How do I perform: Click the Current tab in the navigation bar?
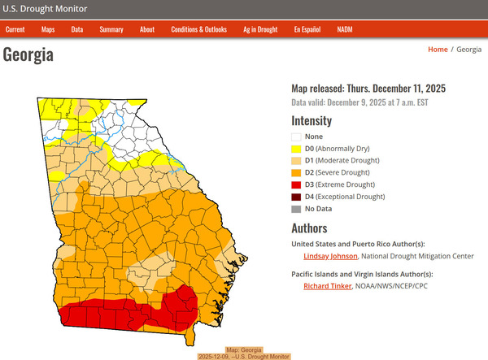[x=15, y=29]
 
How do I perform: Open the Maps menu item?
[x=48, y=29]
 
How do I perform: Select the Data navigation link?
[x=77, y=29]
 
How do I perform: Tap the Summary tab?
[x=111, y=29]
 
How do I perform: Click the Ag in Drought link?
[x=259, y=29]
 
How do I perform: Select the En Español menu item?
[x=308, y=29]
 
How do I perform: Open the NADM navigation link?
[x=344, y=29]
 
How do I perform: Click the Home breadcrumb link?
[x=438, y=50]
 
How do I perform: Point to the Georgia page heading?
[x=28, y=55]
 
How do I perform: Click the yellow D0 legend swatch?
[x=297, y=149]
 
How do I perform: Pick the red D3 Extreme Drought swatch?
[x=297, y=184]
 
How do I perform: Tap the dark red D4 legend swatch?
[x=297, y=197]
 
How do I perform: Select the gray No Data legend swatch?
[x=297, y=209]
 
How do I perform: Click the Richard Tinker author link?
[x=329, y=286]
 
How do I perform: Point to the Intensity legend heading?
[x=312, y=120]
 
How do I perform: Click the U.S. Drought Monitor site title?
[x=45, y=9]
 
